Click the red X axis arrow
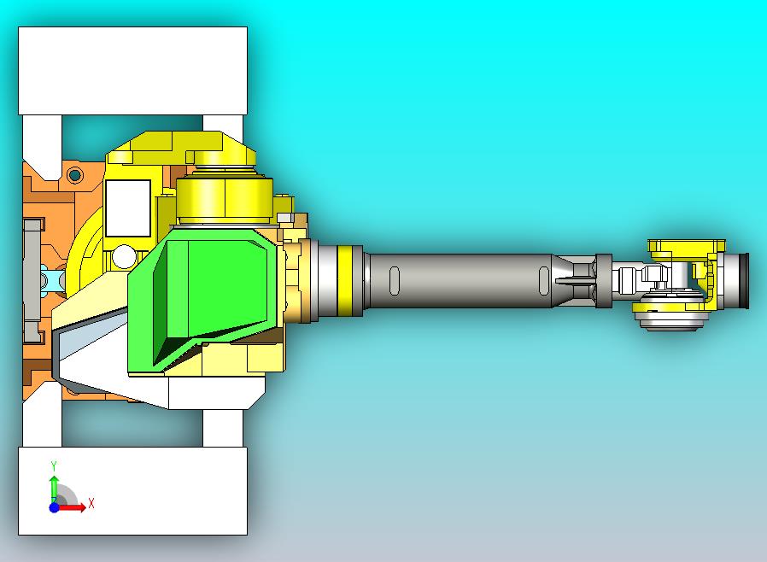(72, 507)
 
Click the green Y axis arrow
(53, 488)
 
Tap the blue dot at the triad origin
(54, 507)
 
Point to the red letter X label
(91, 503)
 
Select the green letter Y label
(53, 466)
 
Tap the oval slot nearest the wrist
(544, 279)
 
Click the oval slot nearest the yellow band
(394, 279)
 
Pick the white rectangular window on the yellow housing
(127, 208)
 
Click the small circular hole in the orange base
(75, 176)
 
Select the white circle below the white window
(125, 256)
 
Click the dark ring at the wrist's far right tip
(744, 282)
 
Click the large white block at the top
(132, 70)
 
